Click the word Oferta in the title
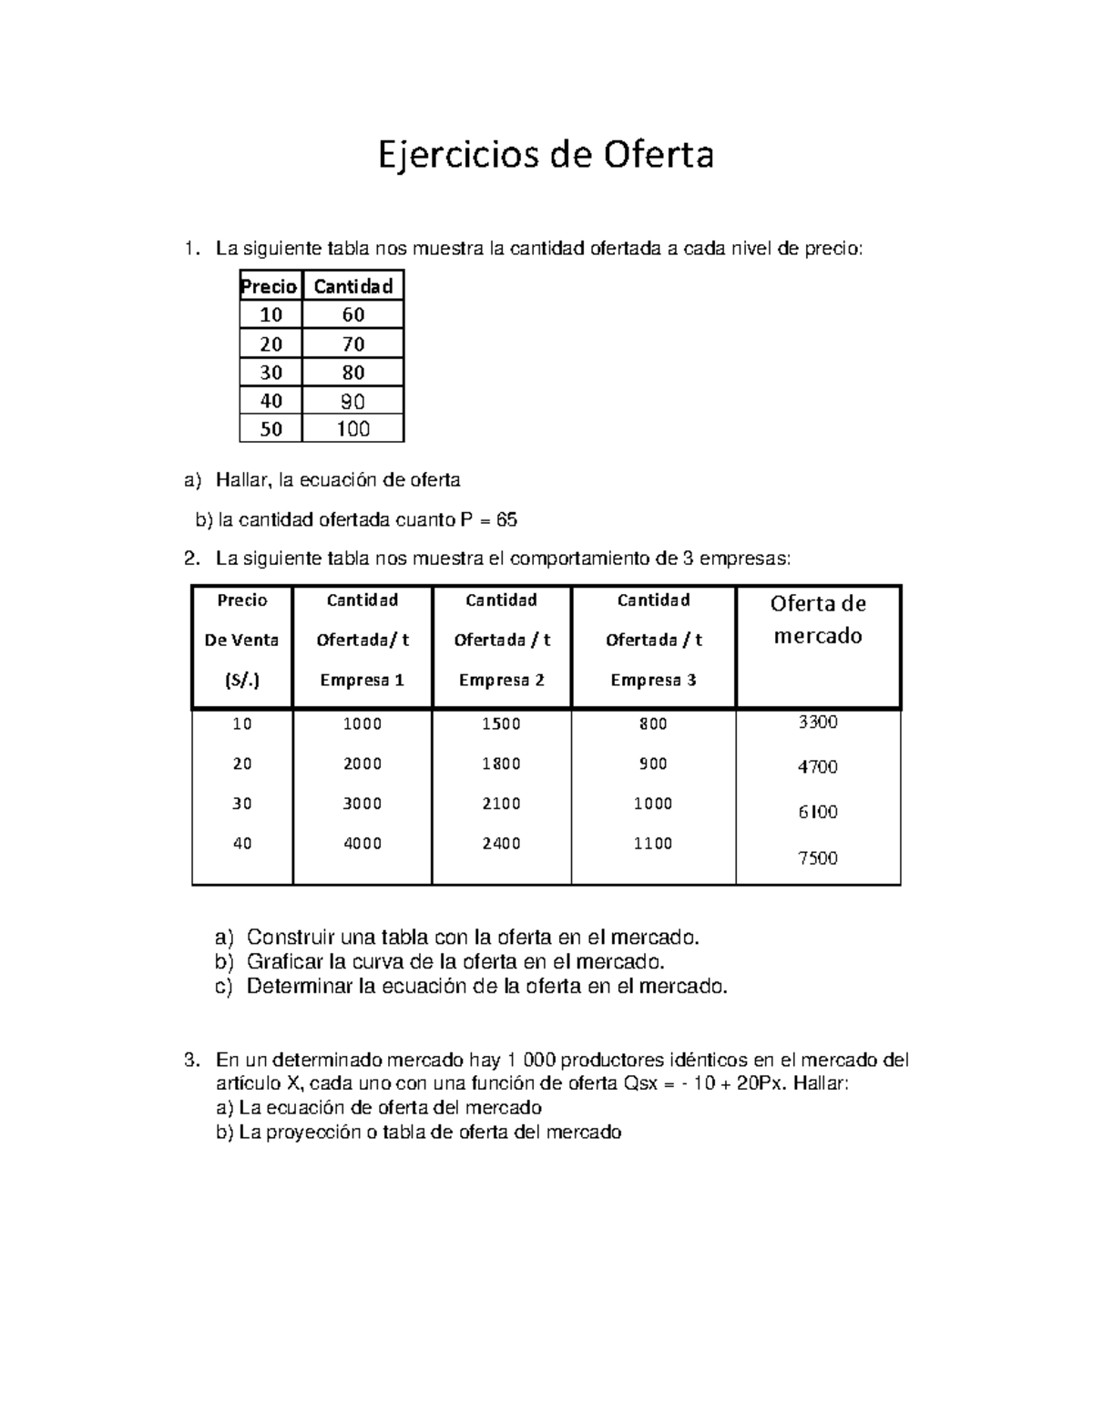coord(657,155)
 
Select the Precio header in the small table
coord(270,287)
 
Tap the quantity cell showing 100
coord(353,429)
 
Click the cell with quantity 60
coord(353,315)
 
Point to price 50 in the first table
coord(271,429)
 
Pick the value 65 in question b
coord(506,520)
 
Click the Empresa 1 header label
coord(363,681)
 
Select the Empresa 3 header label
coord(653,681)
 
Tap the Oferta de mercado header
coord(818,620)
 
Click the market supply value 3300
coord(818,723)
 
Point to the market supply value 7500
coord(818,858)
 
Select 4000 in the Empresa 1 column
coord(363,844)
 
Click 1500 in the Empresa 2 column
coord(501,724)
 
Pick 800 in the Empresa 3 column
coord(653,724)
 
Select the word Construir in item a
coord(286,937)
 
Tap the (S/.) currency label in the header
coord(242,681)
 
